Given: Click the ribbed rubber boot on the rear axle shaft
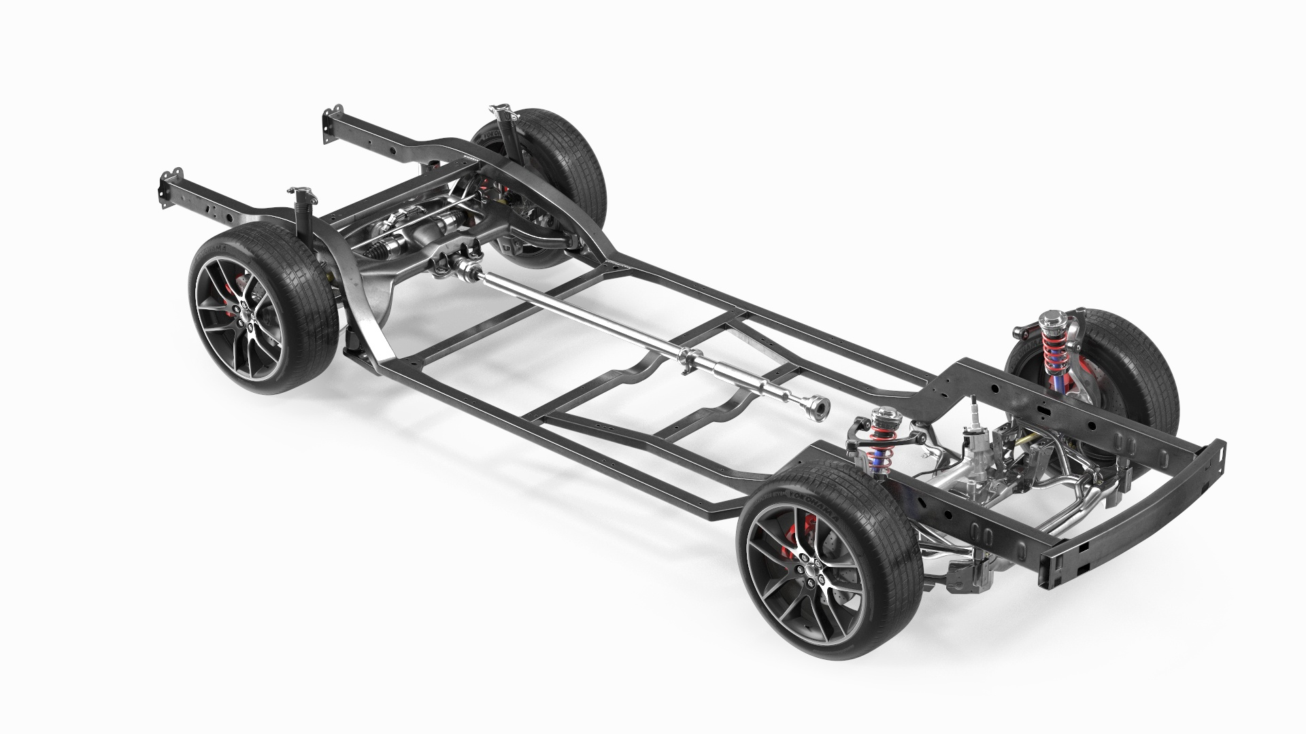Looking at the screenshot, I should (x=381, y=251).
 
